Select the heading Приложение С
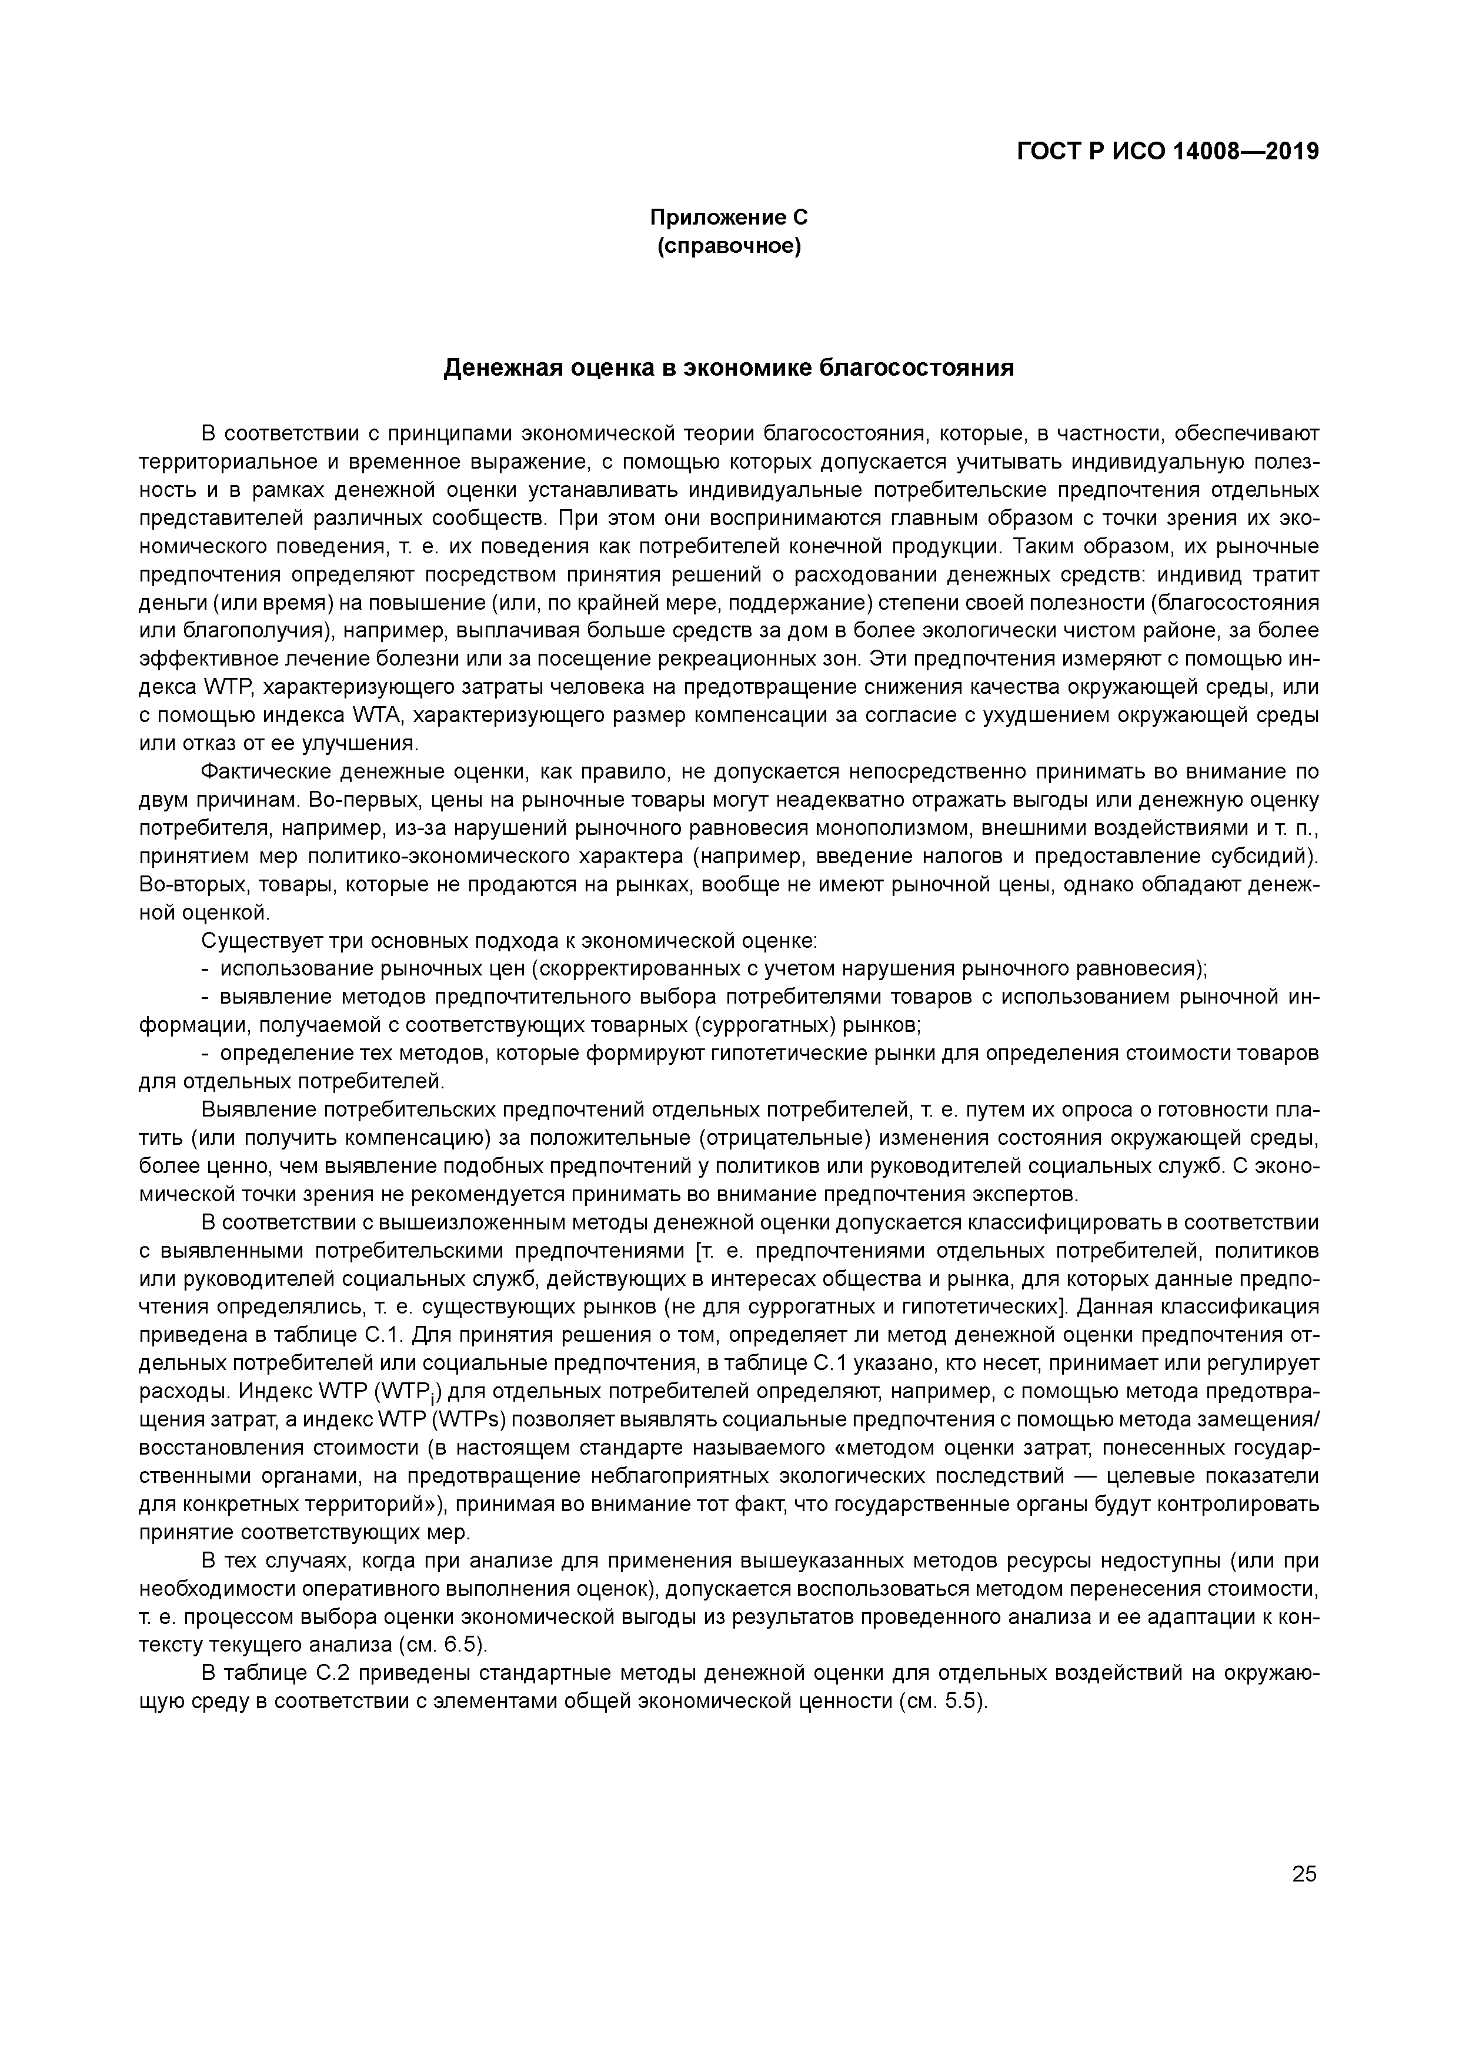click(729, 218)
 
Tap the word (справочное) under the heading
click(729, 245)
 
